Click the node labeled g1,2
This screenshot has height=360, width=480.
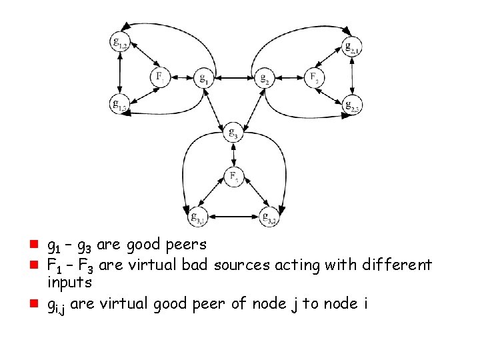tap(121, 43)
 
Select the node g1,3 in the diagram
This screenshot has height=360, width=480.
tap(121, 104)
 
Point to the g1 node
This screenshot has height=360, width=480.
tap(203, 78)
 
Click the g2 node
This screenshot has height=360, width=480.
tap(265, 78)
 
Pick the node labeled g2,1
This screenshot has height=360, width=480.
tap(353, 47)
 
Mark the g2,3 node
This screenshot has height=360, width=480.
tap(353, 104)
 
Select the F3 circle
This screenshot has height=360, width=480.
tap(233, 176)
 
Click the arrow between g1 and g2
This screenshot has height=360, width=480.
tap(234, 78)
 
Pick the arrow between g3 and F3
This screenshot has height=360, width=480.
tap(233, 155)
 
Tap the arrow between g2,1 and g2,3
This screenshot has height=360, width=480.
tap(353, 75)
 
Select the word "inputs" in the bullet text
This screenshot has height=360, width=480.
tap(69, 283)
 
